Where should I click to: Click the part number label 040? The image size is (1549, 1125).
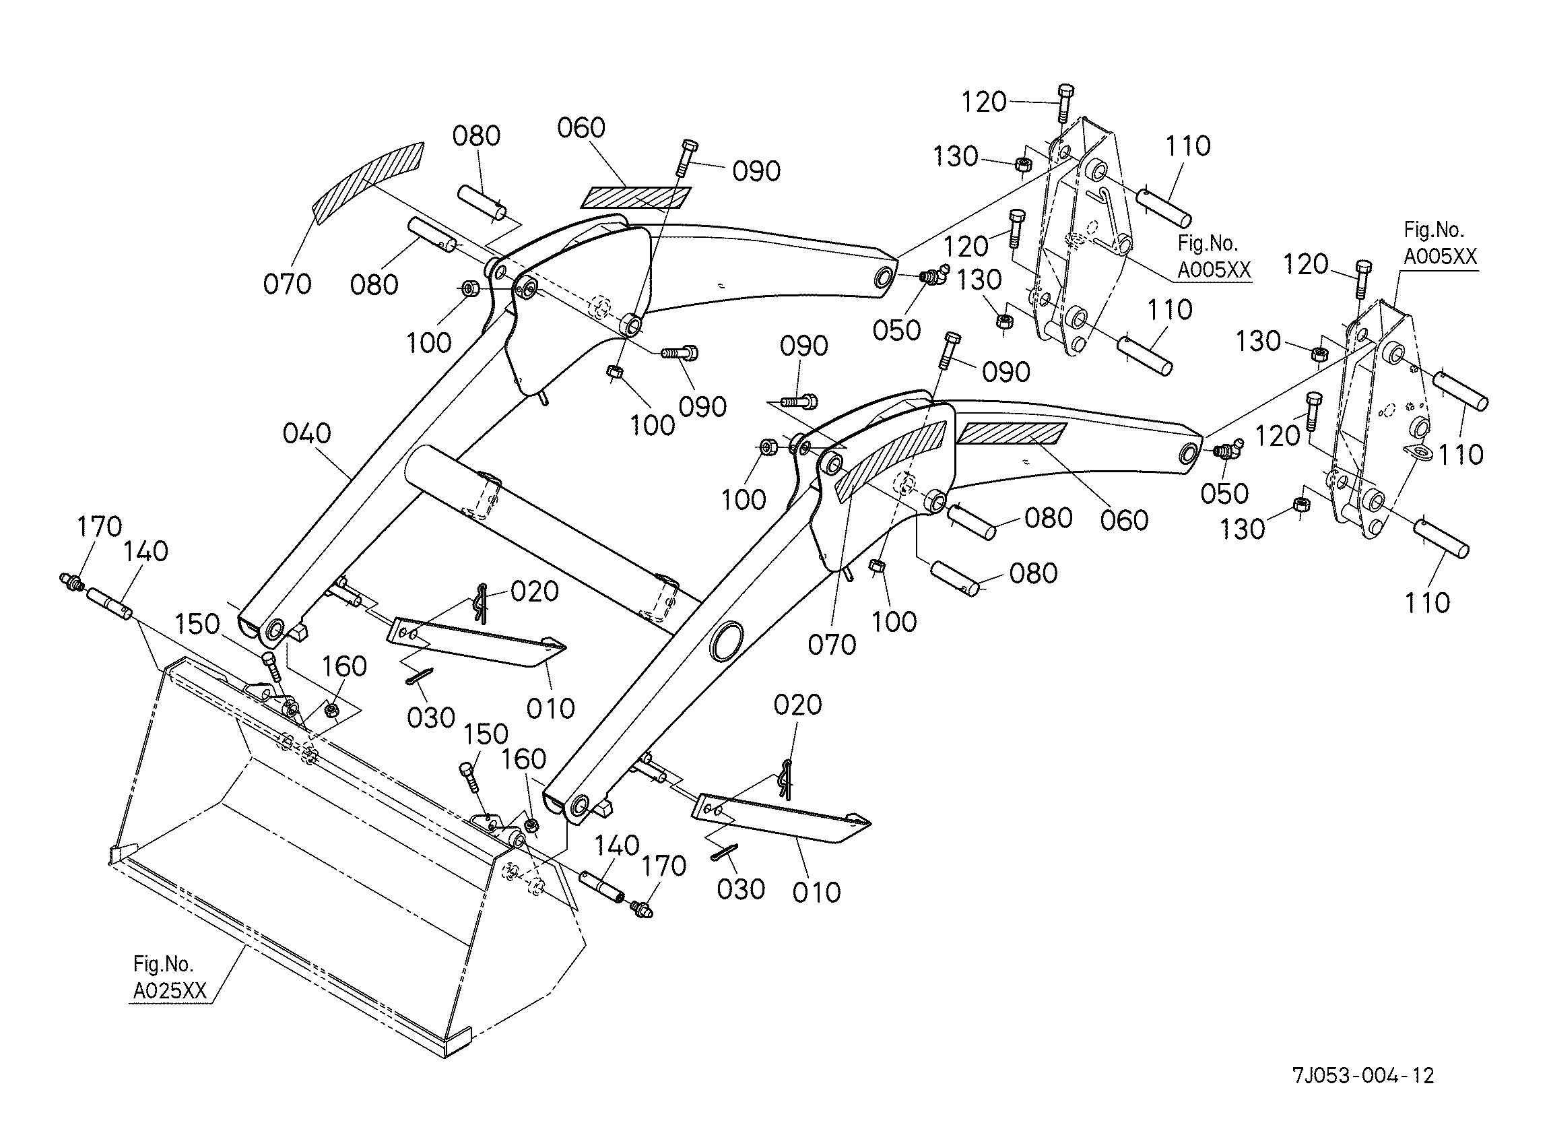306,434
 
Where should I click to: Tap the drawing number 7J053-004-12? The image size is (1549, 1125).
1362,1076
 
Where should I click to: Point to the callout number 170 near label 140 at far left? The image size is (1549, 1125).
100,527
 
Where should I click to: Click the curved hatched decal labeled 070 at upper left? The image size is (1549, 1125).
366,181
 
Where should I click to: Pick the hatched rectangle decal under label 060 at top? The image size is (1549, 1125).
635,197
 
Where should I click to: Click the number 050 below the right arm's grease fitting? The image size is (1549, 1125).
1224,494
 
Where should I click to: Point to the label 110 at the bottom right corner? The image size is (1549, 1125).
1427,603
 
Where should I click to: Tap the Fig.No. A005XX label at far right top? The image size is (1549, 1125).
1440,243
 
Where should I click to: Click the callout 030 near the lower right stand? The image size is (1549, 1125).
741,889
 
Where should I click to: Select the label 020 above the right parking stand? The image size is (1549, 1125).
797,705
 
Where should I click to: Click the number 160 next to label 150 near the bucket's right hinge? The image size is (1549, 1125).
525,759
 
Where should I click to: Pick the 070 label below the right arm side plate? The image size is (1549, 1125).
832,645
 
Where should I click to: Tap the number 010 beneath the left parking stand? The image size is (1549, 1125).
550,708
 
